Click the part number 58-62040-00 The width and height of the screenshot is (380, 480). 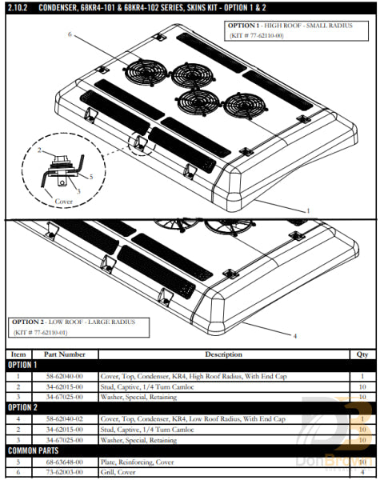(x=65, y=375)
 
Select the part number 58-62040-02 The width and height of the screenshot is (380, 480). (x=65, y=418)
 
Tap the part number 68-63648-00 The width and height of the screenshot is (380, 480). (x=65, y=462)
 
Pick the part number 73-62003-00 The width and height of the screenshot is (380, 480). (x=65, y=472)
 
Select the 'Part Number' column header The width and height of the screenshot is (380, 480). (x=65, y=354)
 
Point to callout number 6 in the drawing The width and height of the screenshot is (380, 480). (x=70, y=35)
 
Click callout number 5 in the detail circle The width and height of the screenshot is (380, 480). (x=90, y=176)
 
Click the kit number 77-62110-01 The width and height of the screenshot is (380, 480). (x=51, y=331)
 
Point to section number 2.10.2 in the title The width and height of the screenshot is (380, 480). (x=17, y=7)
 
